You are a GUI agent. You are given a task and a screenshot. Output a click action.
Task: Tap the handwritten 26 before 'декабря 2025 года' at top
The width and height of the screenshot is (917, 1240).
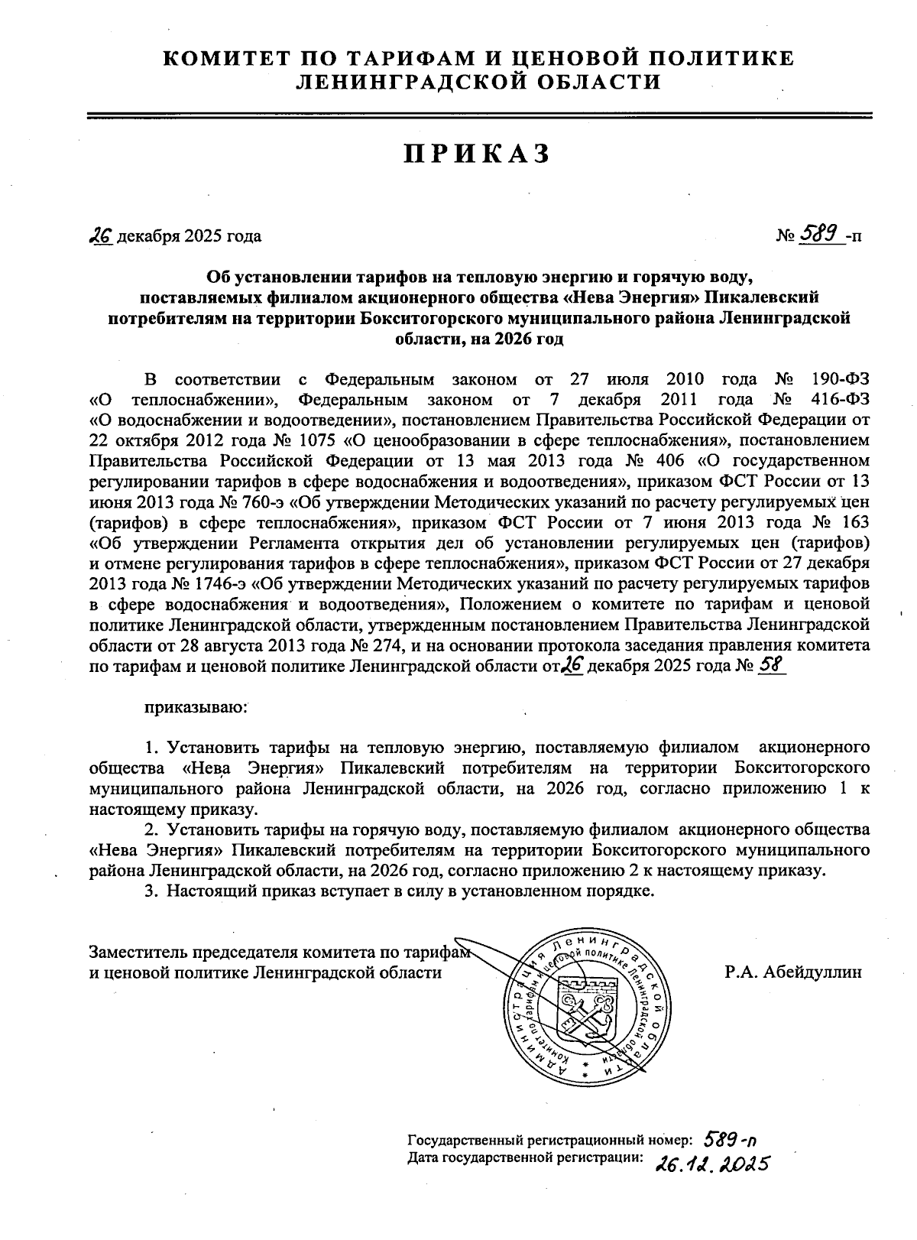(101, 235)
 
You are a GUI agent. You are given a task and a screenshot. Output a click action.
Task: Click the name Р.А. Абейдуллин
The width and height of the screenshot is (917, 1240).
(793, 972)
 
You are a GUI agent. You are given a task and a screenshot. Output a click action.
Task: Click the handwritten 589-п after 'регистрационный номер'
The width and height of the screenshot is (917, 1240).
(729, 1139)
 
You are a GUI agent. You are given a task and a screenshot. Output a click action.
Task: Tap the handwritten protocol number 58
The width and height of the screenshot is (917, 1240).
(770, 665)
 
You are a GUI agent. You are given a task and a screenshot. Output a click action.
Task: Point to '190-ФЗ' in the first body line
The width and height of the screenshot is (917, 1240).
(840, 379)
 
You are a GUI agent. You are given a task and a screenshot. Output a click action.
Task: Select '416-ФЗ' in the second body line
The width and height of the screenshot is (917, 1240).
(840, 400)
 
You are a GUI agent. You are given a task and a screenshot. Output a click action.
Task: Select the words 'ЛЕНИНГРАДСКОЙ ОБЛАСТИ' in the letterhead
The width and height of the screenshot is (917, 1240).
(478, 82)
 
